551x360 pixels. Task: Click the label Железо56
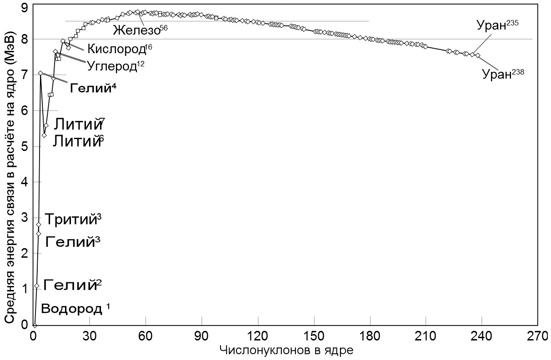pyautogui.click(x=137, y=31)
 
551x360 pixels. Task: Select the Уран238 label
pyautogui.click(x=503, y=74)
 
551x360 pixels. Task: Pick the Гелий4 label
pyautogui.click(x=93, y=87)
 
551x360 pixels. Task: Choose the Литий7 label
pyautogui.click(x=80, y=124)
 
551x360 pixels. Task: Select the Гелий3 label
pyautogui.click(x=73, y=242)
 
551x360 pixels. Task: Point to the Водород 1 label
pyautogui.click(x=76, y=309)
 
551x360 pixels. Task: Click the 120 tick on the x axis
pyautogui.click(x=258, y=337)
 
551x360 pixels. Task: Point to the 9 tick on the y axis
pyautogui.click(x=24, y=7)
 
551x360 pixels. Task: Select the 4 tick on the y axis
pyautogui.click(x=24, y=182)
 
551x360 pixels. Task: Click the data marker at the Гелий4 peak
pyautogui.click(x=40, y=73)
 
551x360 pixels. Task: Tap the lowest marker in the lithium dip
pyautogui.click(x=44, y=135)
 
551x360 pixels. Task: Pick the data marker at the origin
pyautogui.click(x=35, y=325)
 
